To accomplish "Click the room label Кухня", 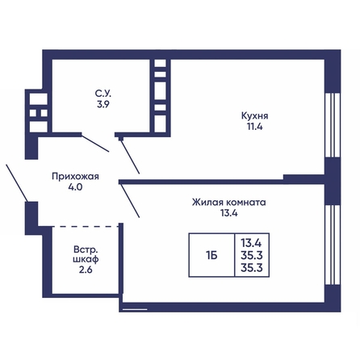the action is [254, 116].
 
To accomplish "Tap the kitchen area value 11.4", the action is [255, 127].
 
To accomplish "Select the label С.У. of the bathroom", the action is [103, 94].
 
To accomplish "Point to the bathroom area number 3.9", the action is [103, 104].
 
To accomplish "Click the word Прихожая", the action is [75, 177].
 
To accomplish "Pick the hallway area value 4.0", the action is [75, 187].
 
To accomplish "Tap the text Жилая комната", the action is [229, 202].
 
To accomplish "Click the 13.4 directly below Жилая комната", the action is [229, 213].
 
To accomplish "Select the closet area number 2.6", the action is [86, 270].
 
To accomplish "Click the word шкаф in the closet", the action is [86, 259].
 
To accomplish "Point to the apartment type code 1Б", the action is [211, 255].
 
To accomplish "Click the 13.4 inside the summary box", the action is [251, 243].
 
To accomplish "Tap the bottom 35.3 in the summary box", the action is [252, 268].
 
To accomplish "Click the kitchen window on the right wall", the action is [333, 125].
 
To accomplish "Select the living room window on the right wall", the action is [333, 245].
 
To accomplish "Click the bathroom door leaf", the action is [95, 144].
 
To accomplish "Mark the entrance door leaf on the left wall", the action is [17, 182].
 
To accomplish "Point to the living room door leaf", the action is [130, 200].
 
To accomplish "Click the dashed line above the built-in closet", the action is [86, 227].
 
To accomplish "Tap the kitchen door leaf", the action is [130, 157].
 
